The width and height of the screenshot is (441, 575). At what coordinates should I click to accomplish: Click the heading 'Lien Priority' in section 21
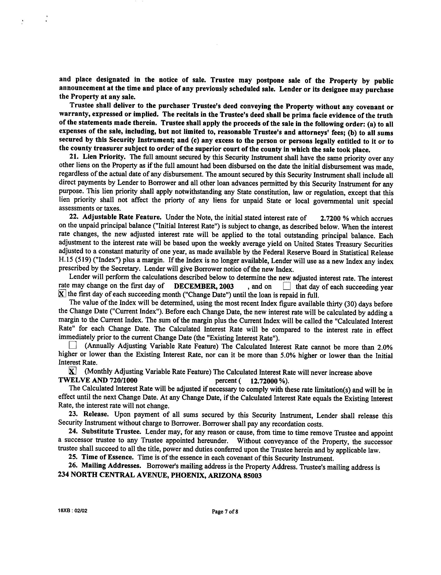click(x=104, y=157)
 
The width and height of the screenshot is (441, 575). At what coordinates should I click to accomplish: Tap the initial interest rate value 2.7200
click(x=331, y=218)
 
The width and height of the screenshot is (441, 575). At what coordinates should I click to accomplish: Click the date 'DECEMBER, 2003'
click(x=204, y=286)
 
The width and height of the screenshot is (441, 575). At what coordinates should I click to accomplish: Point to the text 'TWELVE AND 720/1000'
click(x=98, y=380)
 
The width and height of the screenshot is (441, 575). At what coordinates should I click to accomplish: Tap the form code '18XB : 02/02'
click(x=72, y=511)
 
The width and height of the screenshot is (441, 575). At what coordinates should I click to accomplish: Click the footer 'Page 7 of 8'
click(x=225, y=512)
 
